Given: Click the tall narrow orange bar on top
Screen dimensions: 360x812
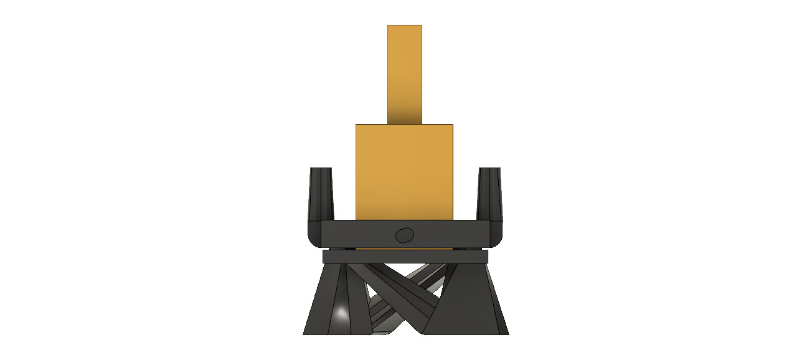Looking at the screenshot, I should click(x=405, y=69).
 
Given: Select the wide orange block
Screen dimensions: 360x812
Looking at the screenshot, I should click(x=404, y=171).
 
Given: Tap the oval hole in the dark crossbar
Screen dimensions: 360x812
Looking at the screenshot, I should click(x=405, y=235).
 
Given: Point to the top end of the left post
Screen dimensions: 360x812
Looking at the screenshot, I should click(x=321, y=169).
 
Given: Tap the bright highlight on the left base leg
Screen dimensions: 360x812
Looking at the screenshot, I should click(x=341, y=313).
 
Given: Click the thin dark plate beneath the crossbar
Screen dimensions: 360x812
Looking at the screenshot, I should click(x=405, y=257).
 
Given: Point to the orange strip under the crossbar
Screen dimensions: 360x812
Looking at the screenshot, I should click(x=404, y=249).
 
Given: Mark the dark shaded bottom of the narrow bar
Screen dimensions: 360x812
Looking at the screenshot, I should click(x=405, y=117).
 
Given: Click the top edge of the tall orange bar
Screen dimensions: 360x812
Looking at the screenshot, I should click(x=405, y=26).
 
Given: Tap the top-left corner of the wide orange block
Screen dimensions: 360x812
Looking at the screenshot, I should click(x=356, y=125).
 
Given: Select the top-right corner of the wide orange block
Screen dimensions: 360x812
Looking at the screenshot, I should click(x=452, y=125).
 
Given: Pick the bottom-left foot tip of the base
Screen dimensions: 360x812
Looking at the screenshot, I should click(x=304, y=333).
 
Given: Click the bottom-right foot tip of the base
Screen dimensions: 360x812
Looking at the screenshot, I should click(x=507, y=333).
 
